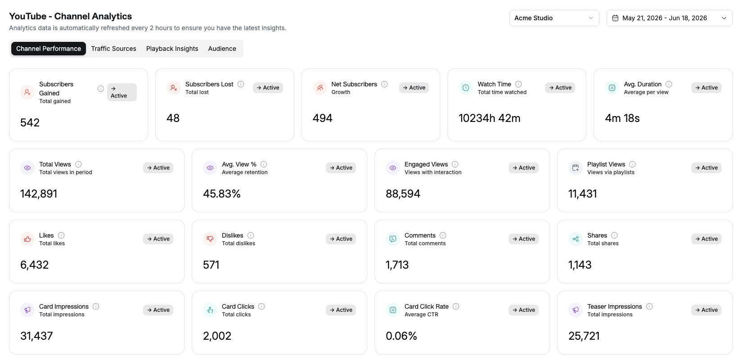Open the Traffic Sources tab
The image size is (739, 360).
pos(113,49)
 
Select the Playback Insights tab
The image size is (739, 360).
pos(172,49)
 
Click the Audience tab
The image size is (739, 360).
pos(222,49)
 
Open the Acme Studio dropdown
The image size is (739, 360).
pos(554,18)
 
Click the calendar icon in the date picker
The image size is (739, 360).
pos(615,18)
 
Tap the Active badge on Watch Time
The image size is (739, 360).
pos(560,87)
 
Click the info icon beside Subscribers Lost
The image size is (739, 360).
pos(241,84)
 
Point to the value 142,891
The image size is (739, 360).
pos(39,193)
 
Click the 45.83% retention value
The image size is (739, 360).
pos(222,193)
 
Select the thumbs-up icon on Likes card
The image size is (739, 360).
pos(27,239)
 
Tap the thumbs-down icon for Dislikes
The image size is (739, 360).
pos(210,239)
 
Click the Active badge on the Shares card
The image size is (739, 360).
pos(706,238)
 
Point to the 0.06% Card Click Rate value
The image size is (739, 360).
pos(401,336)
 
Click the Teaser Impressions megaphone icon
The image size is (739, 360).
pos(576,310)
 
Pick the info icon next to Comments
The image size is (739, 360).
pos(443,235)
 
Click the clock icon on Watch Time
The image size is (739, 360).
pos(466,88)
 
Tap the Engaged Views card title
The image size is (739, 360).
pos(426,164)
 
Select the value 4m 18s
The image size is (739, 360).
pos(622,118)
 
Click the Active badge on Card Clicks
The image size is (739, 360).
pos(341,310)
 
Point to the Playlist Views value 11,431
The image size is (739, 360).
pos(583,193)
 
